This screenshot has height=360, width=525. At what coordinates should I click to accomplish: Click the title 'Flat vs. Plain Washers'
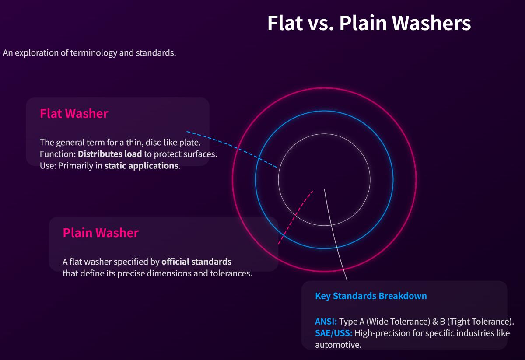tap(369, 23)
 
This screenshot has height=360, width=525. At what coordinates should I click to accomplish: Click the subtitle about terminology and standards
tap(89, 53)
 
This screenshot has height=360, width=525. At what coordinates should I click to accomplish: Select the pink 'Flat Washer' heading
tap(74, 114)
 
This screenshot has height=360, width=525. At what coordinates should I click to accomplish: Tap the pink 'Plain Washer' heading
tap(101, 233)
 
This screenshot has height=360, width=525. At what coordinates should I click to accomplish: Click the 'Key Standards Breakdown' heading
tap(371, 296)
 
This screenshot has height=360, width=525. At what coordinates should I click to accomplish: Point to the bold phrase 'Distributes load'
tap(110, 154)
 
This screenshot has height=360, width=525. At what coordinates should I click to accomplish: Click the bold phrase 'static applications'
tap(141, 166)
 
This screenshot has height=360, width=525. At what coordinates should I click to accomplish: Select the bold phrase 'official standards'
tap(196, 262)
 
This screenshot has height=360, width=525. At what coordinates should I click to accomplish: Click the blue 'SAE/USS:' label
tap(333, 333)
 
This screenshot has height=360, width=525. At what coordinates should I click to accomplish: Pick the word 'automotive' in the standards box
tap(337, 345)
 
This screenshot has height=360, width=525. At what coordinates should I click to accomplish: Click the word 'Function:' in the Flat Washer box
tap(58, 154)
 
